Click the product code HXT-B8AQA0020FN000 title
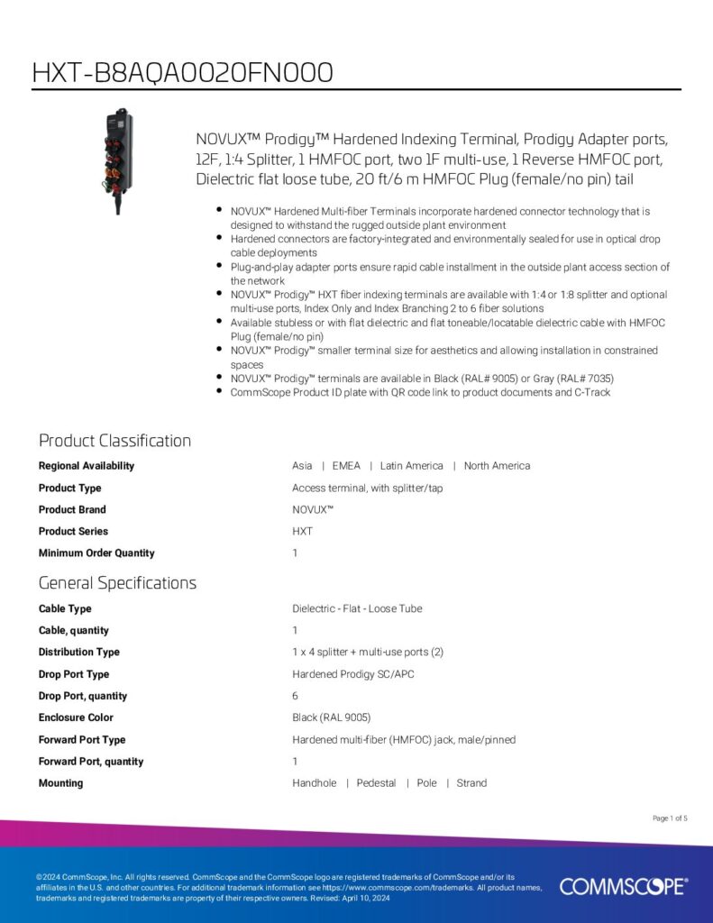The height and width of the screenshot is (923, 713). pyautogui.click(x=183, y=72)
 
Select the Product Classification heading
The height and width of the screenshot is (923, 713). pyautogui.click(x=114, y=441)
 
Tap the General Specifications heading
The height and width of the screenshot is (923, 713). pyautogui.click(x=117, y=583)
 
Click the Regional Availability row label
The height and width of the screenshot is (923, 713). pyautogui.click(x=87, y=466)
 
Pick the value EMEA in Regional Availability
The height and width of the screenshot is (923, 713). pyautogui.click(x=346, y=466)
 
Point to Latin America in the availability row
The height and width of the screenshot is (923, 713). pyautogui.click(x=411, y=466)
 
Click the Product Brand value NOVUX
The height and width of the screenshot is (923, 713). pyautogui.click(x=313, y=509)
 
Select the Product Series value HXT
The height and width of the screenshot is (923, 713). pyautogui.click(x=303, y=532)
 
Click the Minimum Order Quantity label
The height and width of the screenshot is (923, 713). pyautogui.click(x=96, y=553)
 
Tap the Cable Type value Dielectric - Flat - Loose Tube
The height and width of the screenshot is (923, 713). pyautogui.click(x=357, y=608)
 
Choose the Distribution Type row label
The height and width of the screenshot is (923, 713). pyautogui.click(x=79, y=653)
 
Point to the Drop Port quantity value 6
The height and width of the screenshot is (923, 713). pyautogui.click(x=296, y=696)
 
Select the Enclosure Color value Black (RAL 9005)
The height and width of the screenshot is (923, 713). pyautogui.click(x=332, y=717)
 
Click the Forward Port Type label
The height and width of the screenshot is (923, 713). pyautogui.click(x=82, y=740)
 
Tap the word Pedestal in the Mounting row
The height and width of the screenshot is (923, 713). pyautogui.click(x=376, y=783)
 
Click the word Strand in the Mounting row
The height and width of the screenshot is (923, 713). pyautogui.click(x=471, y=783)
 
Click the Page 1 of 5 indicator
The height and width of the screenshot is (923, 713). pyautogui.click(x=670, y=818)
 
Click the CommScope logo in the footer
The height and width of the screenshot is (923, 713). pyautogui.click(x=623, y=887)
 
